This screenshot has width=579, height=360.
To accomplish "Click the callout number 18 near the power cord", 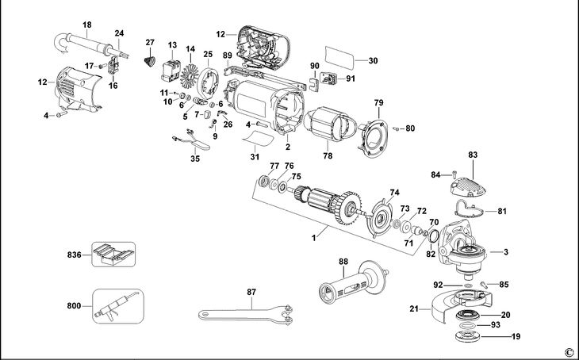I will [86, 25].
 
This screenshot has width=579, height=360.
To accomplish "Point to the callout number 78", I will [327, 157].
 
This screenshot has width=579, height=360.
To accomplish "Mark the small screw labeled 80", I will [398, 127].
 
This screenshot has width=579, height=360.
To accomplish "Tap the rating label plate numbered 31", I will [258, 140].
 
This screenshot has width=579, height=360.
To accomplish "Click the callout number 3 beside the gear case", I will [505, 251].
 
